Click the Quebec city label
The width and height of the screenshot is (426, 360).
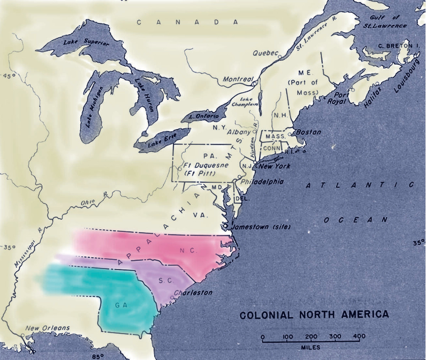(x=264, y=53)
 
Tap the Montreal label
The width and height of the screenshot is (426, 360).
(x=237, y=79)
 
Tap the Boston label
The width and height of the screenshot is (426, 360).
(x=308, y=132)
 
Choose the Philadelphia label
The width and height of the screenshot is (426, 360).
(x=262, y=181)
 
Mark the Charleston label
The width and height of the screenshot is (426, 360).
(x=193, y=293)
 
